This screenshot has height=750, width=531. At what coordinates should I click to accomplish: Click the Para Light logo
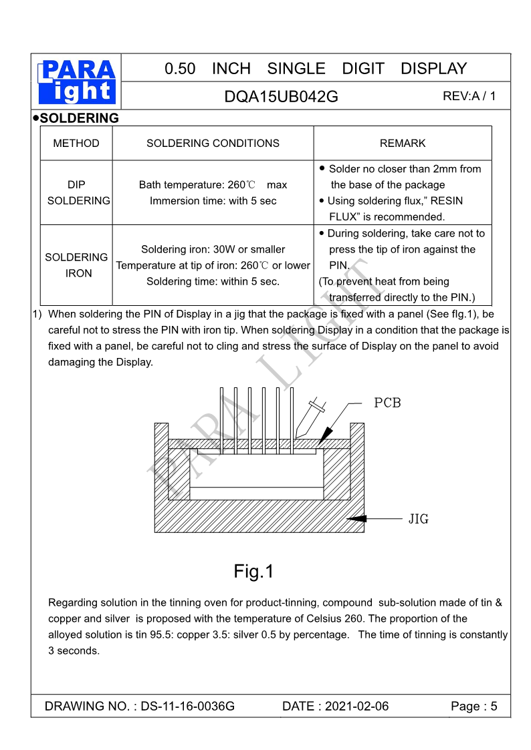tap(76, 82)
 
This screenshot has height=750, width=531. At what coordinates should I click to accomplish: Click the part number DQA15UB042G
tap(281, 97)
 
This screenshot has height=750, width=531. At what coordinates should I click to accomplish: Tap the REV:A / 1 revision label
tap(469, 96)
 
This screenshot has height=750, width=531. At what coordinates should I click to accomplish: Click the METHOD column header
tap(76, 144)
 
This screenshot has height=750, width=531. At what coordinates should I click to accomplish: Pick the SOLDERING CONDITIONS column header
tap(213, 144)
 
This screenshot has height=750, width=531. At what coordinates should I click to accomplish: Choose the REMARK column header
tap(403, 144)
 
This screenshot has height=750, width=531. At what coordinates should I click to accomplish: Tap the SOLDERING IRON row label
tap(77, 265)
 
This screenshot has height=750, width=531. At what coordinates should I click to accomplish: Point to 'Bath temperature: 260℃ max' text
tap(213, 185)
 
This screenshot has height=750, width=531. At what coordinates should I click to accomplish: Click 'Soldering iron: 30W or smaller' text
tap(213, 249)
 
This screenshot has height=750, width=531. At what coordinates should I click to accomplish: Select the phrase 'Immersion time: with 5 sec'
tap(213, 201)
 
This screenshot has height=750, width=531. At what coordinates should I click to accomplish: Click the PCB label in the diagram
tap(387, 403)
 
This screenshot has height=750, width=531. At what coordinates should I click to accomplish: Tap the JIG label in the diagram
tap(419, 518)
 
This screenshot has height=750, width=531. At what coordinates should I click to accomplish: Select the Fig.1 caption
tap(253, 572)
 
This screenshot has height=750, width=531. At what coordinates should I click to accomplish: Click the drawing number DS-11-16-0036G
tap(187, 707)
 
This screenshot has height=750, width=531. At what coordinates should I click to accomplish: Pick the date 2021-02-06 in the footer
tap(356, 707)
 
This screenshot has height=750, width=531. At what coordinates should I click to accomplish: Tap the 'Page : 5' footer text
tap(474, 707)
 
